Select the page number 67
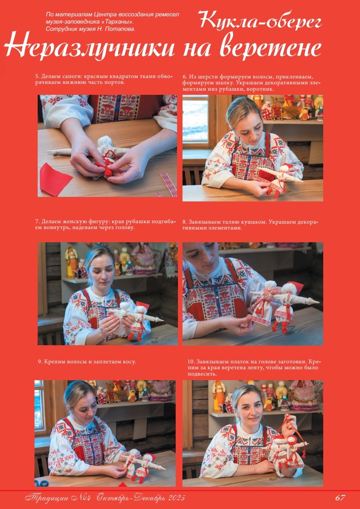pyautogui.click(x=340, y=497)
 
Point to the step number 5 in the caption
pyautogui.click(x=37, y=77)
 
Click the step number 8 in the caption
pyautogui.click(x=185, y=222)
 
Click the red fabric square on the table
pyautogui.click(x=55, y=179)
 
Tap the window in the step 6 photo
pyautogui.click(x=195, y=120)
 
